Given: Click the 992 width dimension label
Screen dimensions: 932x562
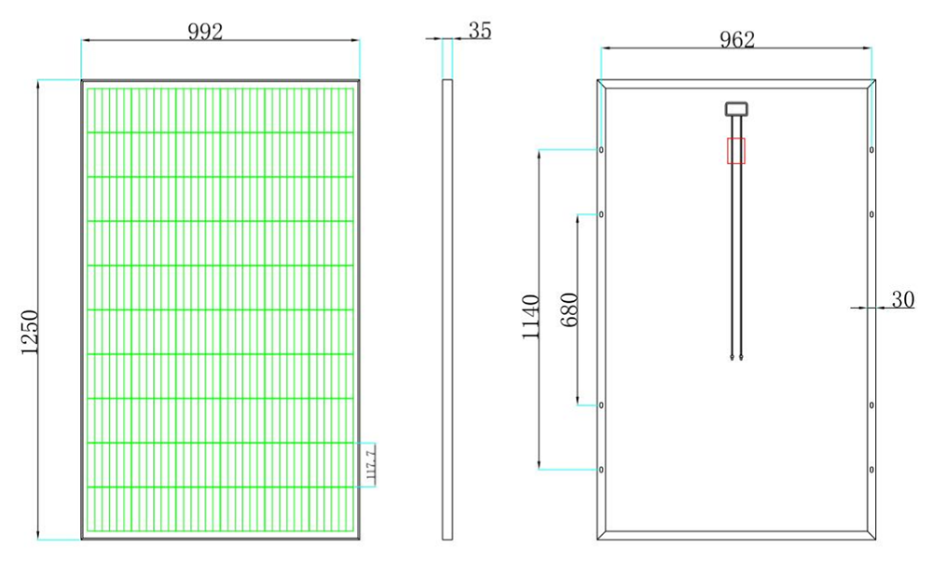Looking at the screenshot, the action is point(205,32).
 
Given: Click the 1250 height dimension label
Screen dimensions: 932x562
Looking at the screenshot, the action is point(30,332).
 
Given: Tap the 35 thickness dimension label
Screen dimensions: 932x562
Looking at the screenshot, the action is point(480,31).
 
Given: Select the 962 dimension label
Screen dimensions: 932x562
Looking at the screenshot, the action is point(737,39).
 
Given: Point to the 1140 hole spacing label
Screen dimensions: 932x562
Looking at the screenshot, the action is point(531,317).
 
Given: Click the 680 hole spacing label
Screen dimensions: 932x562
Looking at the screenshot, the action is point(569,309).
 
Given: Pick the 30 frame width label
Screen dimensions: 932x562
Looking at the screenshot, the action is point(903,299).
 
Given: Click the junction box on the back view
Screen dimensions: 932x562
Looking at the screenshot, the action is point(736,109).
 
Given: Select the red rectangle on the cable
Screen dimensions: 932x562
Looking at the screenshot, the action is point(736,151).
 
